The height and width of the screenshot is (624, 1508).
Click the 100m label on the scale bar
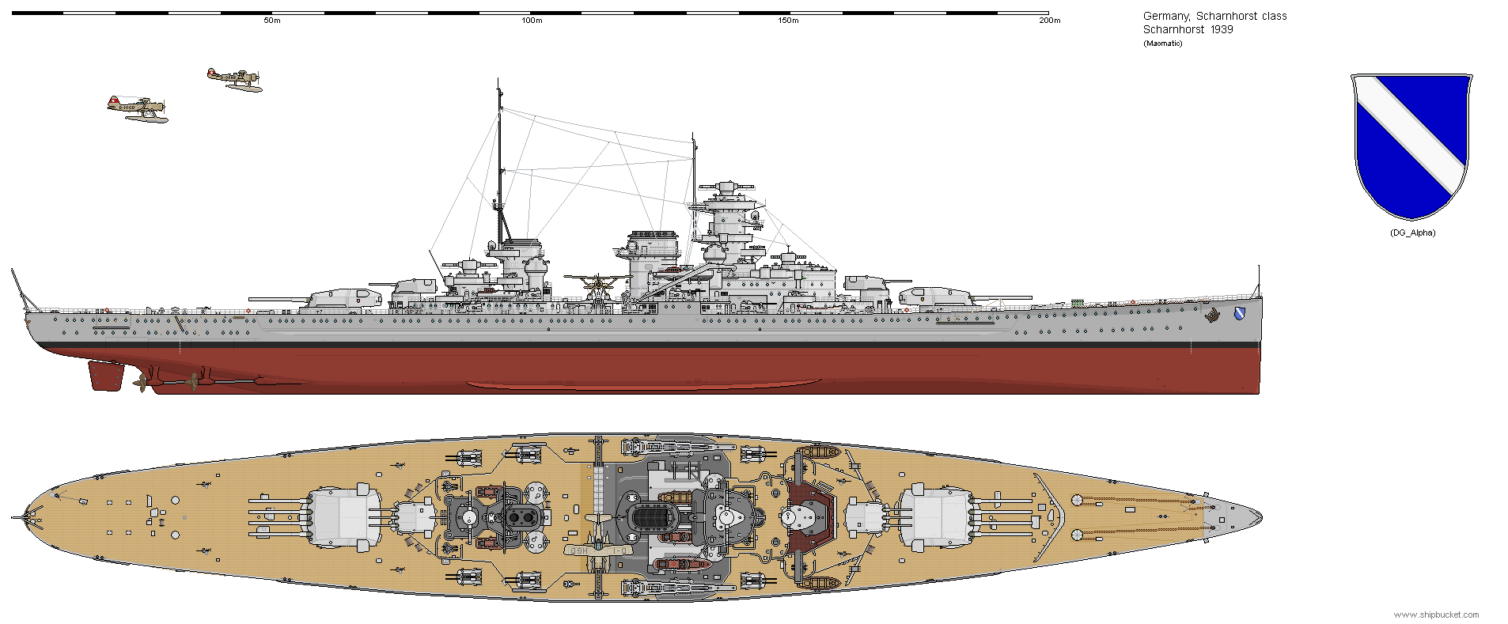tap(532, 21)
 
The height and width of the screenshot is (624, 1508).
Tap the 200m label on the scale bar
tap(1049, 21)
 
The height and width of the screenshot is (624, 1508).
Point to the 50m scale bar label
tap(271, 21)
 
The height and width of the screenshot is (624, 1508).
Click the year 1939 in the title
tap(1221, 30)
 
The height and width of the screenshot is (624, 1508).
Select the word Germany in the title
tap(1165, 16)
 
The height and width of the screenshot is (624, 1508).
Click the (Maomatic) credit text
tap(1162, 43)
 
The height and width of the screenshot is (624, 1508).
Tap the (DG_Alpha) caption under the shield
tap(1412, 233)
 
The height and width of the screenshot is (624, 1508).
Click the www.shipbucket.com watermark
tap(1436, 615)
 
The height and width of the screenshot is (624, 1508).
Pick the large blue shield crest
tap(1411, 146)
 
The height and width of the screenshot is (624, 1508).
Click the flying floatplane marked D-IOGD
tap(137, 109)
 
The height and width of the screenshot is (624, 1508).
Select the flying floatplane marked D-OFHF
tap(235, 79)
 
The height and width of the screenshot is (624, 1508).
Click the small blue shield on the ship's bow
tap(1238, 314)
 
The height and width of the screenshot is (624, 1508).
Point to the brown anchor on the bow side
tap(1212, 316)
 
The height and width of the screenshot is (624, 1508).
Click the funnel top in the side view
tap(653, 236)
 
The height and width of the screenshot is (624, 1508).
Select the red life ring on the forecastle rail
tap(1132, 301)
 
